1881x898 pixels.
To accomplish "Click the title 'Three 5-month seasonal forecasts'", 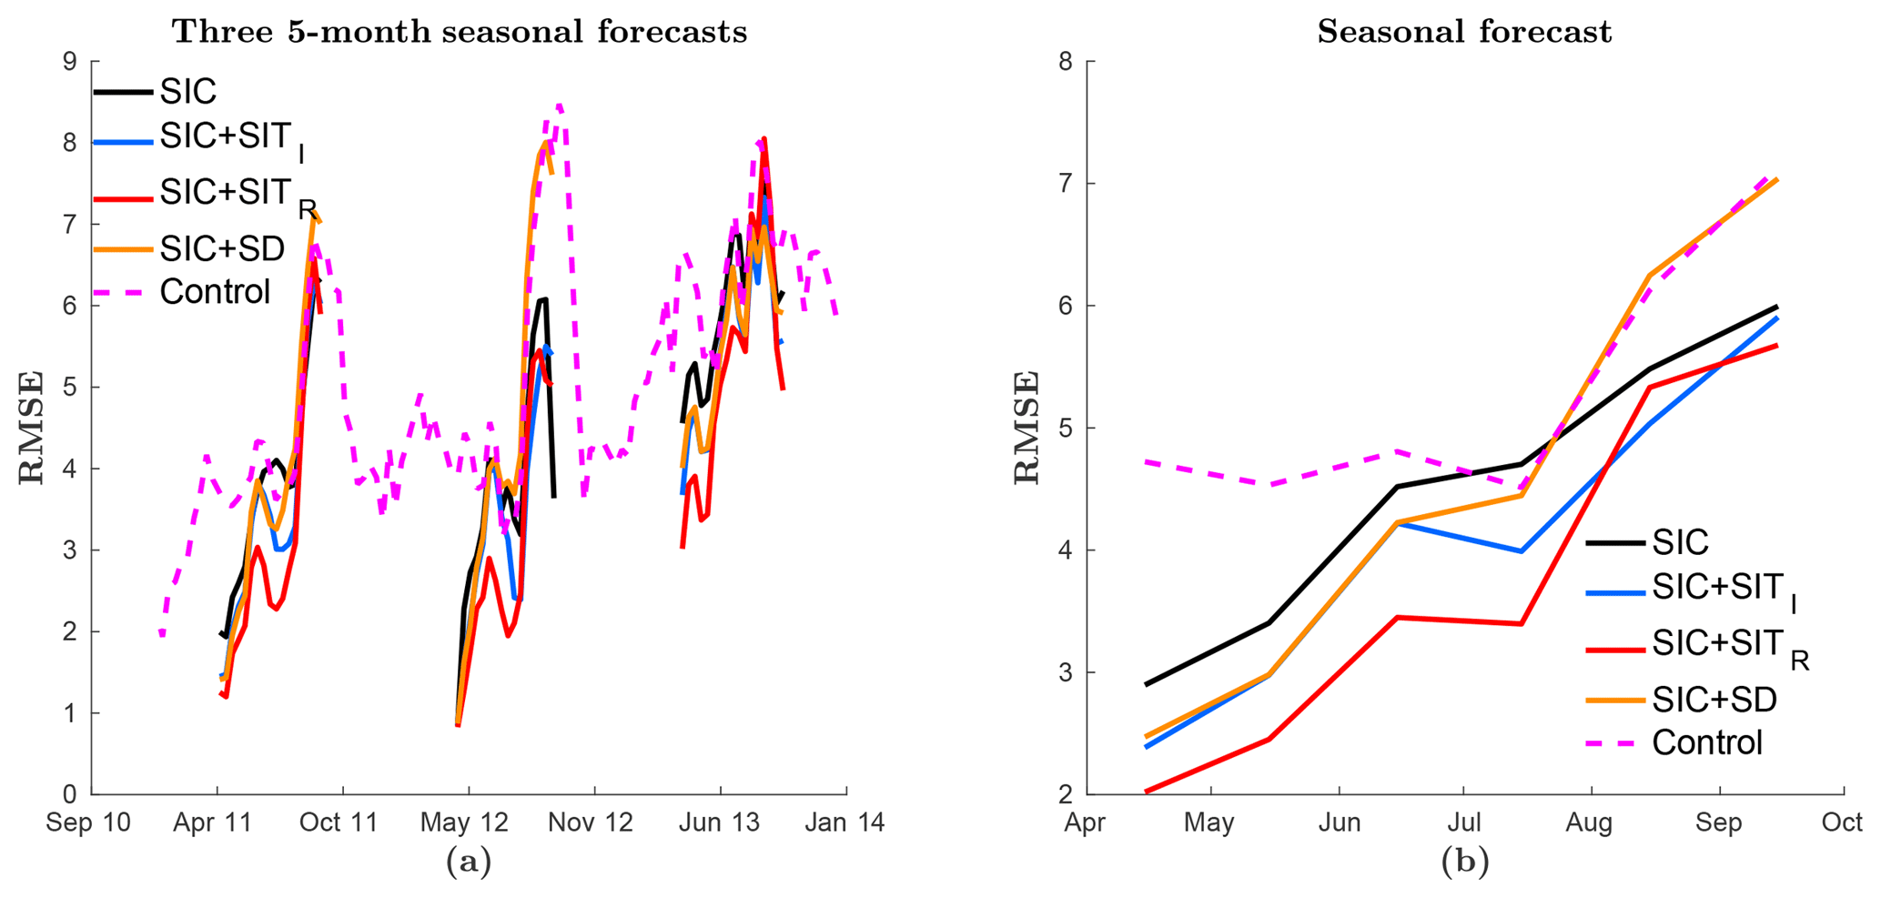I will point(460,32).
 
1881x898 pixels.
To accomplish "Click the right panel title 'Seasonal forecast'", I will point(1464,32).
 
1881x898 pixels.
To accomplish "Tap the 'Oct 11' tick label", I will point(339,822).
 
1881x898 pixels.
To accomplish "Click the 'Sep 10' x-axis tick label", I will point(88,822).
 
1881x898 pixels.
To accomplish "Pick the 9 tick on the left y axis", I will point(70,62).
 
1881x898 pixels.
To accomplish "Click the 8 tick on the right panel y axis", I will point(1066,62).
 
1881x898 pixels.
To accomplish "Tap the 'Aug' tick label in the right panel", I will point(1589,822).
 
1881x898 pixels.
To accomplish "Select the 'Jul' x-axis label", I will point(1463,822).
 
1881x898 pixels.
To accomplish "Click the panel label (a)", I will point(468,860).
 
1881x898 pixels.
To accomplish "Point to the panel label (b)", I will point(1464,860).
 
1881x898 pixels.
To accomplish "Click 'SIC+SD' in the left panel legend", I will point(222,247).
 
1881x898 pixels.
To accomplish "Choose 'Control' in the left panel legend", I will point(215,291).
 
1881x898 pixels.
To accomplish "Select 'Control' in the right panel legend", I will point(1707,742).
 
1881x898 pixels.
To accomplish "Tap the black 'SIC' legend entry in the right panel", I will point(1680,542).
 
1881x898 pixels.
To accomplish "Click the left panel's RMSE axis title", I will point(32,427).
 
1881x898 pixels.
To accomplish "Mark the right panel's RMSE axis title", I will point(1027,427).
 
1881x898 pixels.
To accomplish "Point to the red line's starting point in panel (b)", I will point(1147,792).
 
